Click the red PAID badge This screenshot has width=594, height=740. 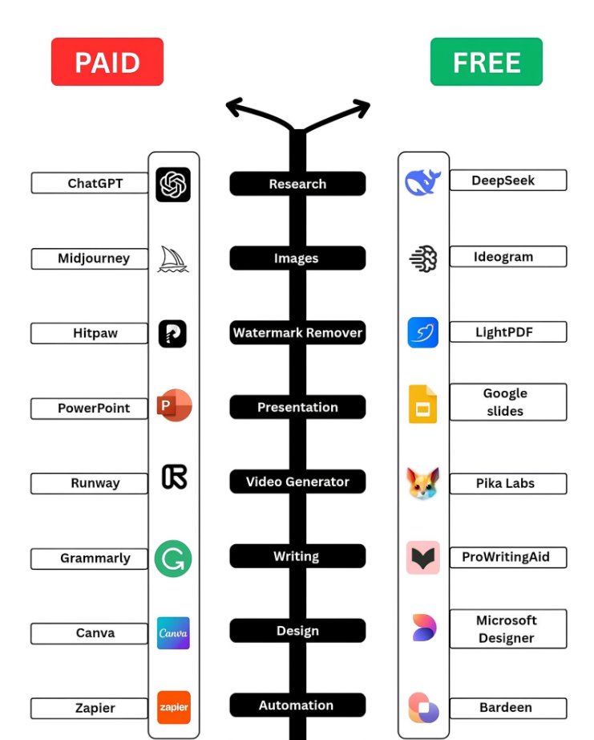pyautogui.click(x=107, y=62)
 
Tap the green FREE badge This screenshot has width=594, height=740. pyautogui.click(x=486, y=62)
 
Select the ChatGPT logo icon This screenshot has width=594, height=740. pyautogui.click(x=173, y=184)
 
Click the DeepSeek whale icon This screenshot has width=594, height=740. pyautogui.click(x=422, y=182)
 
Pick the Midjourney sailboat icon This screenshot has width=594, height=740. pyautogui.click(x=172, y=259)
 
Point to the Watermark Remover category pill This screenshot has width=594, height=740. pyautogui.click(x=297, y=333)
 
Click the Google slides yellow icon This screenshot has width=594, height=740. pyautogui.click(x=423, y=405)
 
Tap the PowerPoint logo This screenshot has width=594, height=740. pyautogui.click(x=174, y=405)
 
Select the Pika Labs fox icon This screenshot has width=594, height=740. pyautogui.click(x=423, y=483)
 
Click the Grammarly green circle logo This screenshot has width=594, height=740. pyautogui.click(x=173, y=559)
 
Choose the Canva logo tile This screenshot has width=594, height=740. pyautogui.click(x=173, y=633)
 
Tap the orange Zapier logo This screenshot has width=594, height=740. pyautogui.click(x=173, y=707)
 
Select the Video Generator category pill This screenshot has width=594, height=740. pyautogui.click(x=297, y=482)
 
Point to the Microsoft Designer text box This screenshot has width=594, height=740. pyautogui.click(x=508, y=628)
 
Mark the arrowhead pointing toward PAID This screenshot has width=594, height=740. pyautogui.click(x=233, y=107)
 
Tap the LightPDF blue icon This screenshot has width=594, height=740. pyautogui.click(x=423, y=332)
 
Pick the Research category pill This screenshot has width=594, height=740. pyautogui.click(x=297, y=184)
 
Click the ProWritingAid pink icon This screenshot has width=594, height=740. pyautogui.click(x=423, y=558)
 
